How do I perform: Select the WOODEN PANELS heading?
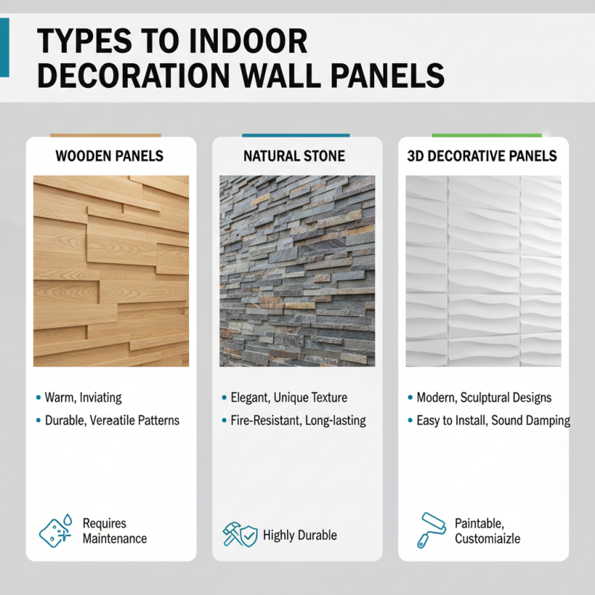110,157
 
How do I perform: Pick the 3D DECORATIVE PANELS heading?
483,157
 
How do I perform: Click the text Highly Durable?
300,535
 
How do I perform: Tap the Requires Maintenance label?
115,531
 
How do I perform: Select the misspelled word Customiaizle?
487,538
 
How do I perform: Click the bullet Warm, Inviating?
83,398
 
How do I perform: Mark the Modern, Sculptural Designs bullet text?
483,398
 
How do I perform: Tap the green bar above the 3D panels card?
486,135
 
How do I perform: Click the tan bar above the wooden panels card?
106,135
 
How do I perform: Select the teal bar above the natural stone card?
296,135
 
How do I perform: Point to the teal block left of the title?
4,48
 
